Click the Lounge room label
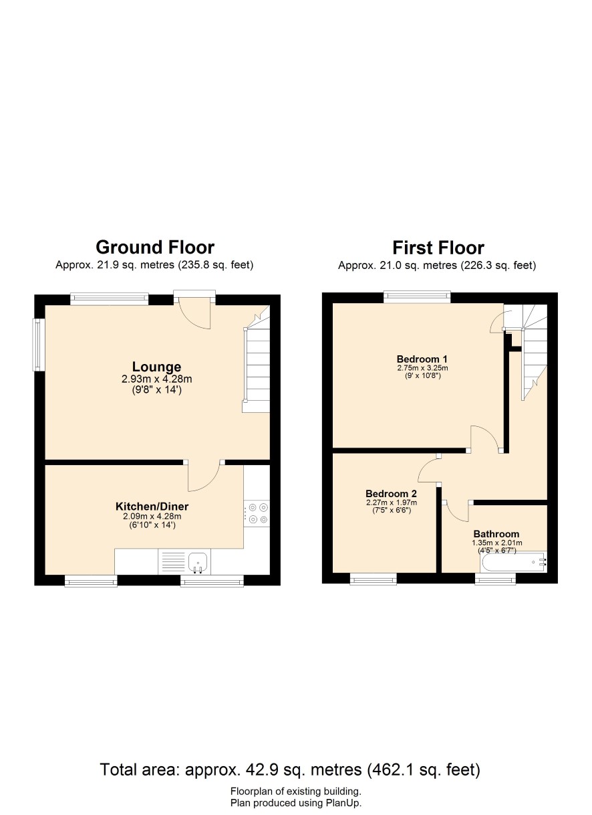(156, 367)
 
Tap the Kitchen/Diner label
(152, 507)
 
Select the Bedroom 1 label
(422, 359)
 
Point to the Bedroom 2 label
(391, 494)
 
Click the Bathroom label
(496, 534)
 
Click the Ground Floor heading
(155, 248)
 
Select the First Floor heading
(438, 248)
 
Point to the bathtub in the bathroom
(514, 562)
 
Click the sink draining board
(173, 561)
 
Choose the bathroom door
(456, 512)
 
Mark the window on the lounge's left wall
(39, 345)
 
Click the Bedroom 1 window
(417, 297)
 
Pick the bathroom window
(495, 579)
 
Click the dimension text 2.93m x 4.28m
(156, 379)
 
